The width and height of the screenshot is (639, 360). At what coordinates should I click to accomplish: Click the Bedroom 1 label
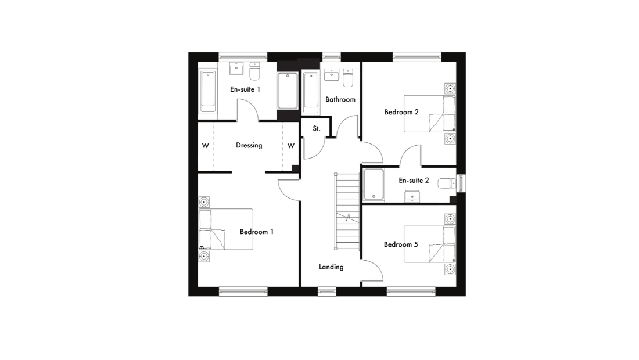pyautogui.click(x=256, y=232)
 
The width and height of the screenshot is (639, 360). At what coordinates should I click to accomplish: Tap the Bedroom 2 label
pyautogui.click(x=401, y=112)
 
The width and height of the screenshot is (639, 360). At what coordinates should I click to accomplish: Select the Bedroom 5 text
pyautogui.click(x=401, y=244)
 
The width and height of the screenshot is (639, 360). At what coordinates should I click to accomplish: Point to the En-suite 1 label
pyautogui.click(x=245, y=89)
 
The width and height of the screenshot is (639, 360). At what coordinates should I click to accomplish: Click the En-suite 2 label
pyautogui.click(x=414, y=181)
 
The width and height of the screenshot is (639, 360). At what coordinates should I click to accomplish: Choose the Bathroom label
pyautogui.click(x=340, y=99)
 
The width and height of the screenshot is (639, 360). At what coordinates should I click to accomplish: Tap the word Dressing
pyautogui.click(x=249, y=145)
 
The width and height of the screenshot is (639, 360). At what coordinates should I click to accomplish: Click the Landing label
pyautogui.click(x=331, y=267)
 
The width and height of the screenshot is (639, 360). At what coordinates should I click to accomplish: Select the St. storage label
pyautogui.click(x=317, y=128)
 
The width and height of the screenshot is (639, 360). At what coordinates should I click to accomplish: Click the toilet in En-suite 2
pyautogui.click(x=447, y=183)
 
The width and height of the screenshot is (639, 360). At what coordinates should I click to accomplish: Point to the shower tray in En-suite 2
pyautogui.click(x=374, y=185)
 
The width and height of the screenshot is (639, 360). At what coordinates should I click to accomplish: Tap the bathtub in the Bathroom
pyautogui.click(x=311, y=92)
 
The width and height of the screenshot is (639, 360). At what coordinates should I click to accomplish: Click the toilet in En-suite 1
pyautogui.click(x=254, y=71)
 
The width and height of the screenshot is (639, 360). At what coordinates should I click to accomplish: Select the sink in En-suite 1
pyautogui.click(x=236, y=69)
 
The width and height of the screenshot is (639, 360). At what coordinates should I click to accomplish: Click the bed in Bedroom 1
pyautogui.click(x=226, y=229)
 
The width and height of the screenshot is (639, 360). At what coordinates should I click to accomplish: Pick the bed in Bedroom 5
pyautogui.click(x=430, y=244)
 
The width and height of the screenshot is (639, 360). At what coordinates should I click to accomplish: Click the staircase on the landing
pyautogui.click(x=347, y=211)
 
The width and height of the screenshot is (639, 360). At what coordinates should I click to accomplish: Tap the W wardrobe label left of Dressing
pyautogui.click(x=206, y=145)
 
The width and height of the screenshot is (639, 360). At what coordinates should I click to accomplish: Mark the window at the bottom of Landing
pyautogui.click(x=327, y=291)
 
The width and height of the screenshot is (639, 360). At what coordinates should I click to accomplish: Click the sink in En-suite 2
pyautogui.click(x=412, y=197)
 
